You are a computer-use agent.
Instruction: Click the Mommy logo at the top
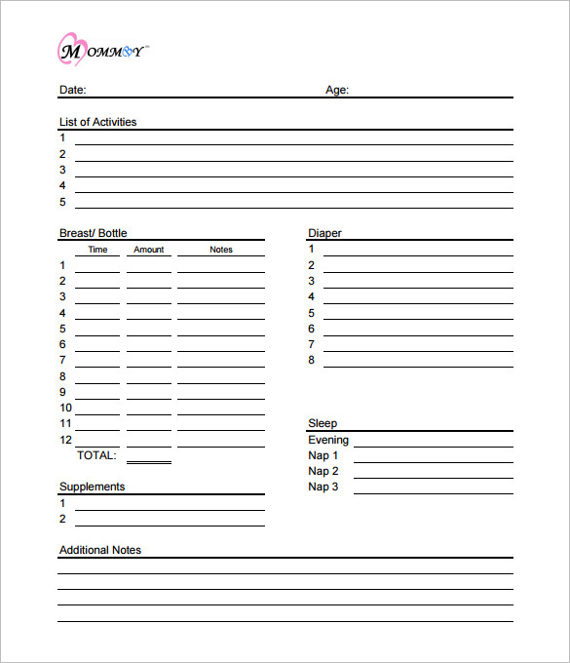(x=101, y=50)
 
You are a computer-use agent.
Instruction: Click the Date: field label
(x=72, y=90)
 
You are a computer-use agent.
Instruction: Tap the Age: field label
(x=337, y=90)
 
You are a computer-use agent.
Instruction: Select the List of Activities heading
(x=97, y=122)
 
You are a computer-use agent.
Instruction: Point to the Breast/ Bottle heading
(x=93, y=233)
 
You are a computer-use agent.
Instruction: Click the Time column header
(x=97, y=250)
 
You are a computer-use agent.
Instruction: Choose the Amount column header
(x=148, y=250)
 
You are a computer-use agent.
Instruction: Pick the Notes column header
(x=221, y=250)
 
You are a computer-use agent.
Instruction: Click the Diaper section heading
(x=324, y=233)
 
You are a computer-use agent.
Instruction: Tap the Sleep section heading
(x=323, y=423)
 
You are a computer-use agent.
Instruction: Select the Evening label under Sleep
(x=328, y=440)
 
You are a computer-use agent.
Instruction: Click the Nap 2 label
(x=323, y=471)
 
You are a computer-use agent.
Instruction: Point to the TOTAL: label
(x=95, y=455)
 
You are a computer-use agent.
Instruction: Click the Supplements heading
(x=92, y=487)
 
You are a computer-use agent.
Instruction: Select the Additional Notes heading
(x=99, y=550)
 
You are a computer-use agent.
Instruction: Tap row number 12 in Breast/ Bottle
(x=65, y=440)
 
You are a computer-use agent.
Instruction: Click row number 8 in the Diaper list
(x=312, y=360)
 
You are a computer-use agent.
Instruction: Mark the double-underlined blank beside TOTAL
(x=148, y=458)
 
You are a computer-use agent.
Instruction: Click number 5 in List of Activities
(x=62, y=202)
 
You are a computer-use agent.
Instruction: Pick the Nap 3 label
(x=323, y=487)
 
